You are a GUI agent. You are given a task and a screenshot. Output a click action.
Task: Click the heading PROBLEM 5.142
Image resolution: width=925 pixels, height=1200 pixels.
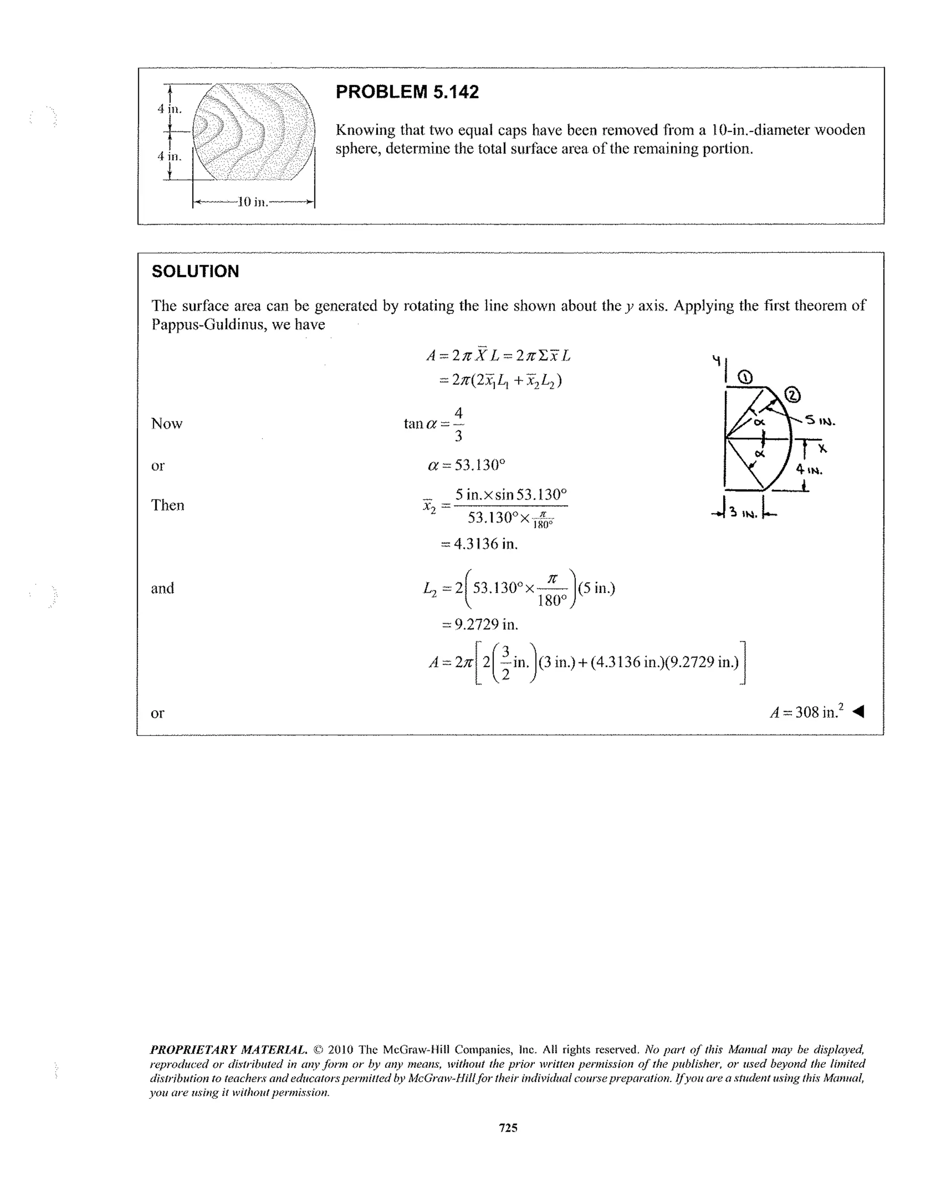(x=406, y=92)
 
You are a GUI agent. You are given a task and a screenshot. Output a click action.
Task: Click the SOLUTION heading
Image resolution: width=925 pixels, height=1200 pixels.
(x=195, y=271)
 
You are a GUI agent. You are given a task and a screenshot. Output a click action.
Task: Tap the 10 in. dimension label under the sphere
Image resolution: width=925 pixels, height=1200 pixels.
(x=252, y=202)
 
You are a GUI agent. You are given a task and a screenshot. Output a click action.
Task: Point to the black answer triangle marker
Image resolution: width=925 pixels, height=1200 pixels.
(x=858, y=712)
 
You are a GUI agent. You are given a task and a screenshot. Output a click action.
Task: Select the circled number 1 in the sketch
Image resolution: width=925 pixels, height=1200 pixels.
(x=745, y=377)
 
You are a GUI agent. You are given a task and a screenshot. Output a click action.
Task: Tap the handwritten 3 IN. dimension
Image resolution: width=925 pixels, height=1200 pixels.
(x=743, y=514)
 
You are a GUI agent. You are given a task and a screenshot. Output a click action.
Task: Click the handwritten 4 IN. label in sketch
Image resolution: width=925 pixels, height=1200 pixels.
(x=809, y=470)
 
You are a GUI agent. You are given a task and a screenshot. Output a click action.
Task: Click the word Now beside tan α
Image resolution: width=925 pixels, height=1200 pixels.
(x=167, y=423)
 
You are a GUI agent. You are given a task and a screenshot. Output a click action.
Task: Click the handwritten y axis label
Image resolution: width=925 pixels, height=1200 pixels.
(x=716, y=360)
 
